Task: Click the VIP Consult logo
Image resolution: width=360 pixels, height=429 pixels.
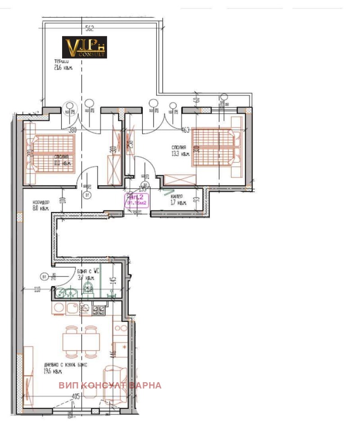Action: coord(84,47)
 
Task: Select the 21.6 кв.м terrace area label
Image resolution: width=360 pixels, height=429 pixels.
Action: coord(63,68)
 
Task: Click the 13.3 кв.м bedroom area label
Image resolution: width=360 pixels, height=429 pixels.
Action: coord(180,154)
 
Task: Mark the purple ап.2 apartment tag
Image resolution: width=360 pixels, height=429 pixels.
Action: coord(137,200)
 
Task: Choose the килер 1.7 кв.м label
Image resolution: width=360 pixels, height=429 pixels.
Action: coord(179,200)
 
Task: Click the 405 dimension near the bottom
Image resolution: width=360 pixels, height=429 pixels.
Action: coord(76,397)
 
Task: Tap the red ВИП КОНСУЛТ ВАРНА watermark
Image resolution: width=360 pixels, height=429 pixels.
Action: coord(110,385)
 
